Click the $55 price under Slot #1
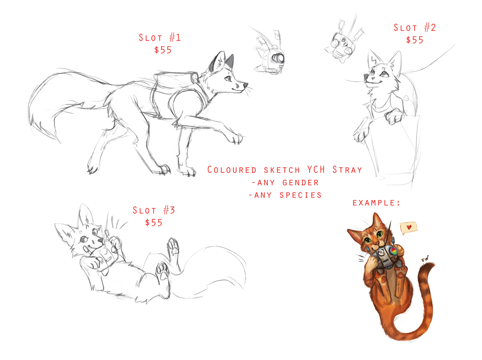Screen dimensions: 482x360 (x=163, y=50)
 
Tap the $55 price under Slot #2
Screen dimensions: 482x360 (x=415, y=40)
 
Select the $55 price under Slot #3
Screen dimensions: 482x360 (x=153, y=223)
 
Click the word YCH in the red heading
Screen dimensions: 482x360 (x=316, y=170)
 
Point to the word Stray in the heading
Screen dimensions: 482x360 (x=347, y=170)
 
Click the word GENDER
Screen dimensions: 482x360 (x=300, y=182)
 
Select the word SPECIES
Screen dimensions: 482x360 (x=300, y=195)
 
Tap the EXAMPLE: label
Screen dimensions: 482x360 (x=376, y=203)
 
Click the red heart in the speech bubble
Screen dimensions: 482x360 (x=408, y=227)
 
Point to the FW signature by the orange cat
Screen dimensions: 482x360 (x=425, y=259)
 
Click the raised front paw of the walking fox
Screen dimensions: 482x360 (x=235, y=138)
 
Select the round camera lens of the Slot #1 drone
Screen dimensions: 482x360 (x=278, y=58)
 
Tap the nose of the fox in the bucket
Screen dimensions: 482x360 (x=366, y=76)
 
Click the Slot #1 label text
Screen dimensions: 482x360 (x=159, y=37)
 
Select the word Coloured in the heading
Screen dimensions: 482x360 (x=232, y=170)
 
